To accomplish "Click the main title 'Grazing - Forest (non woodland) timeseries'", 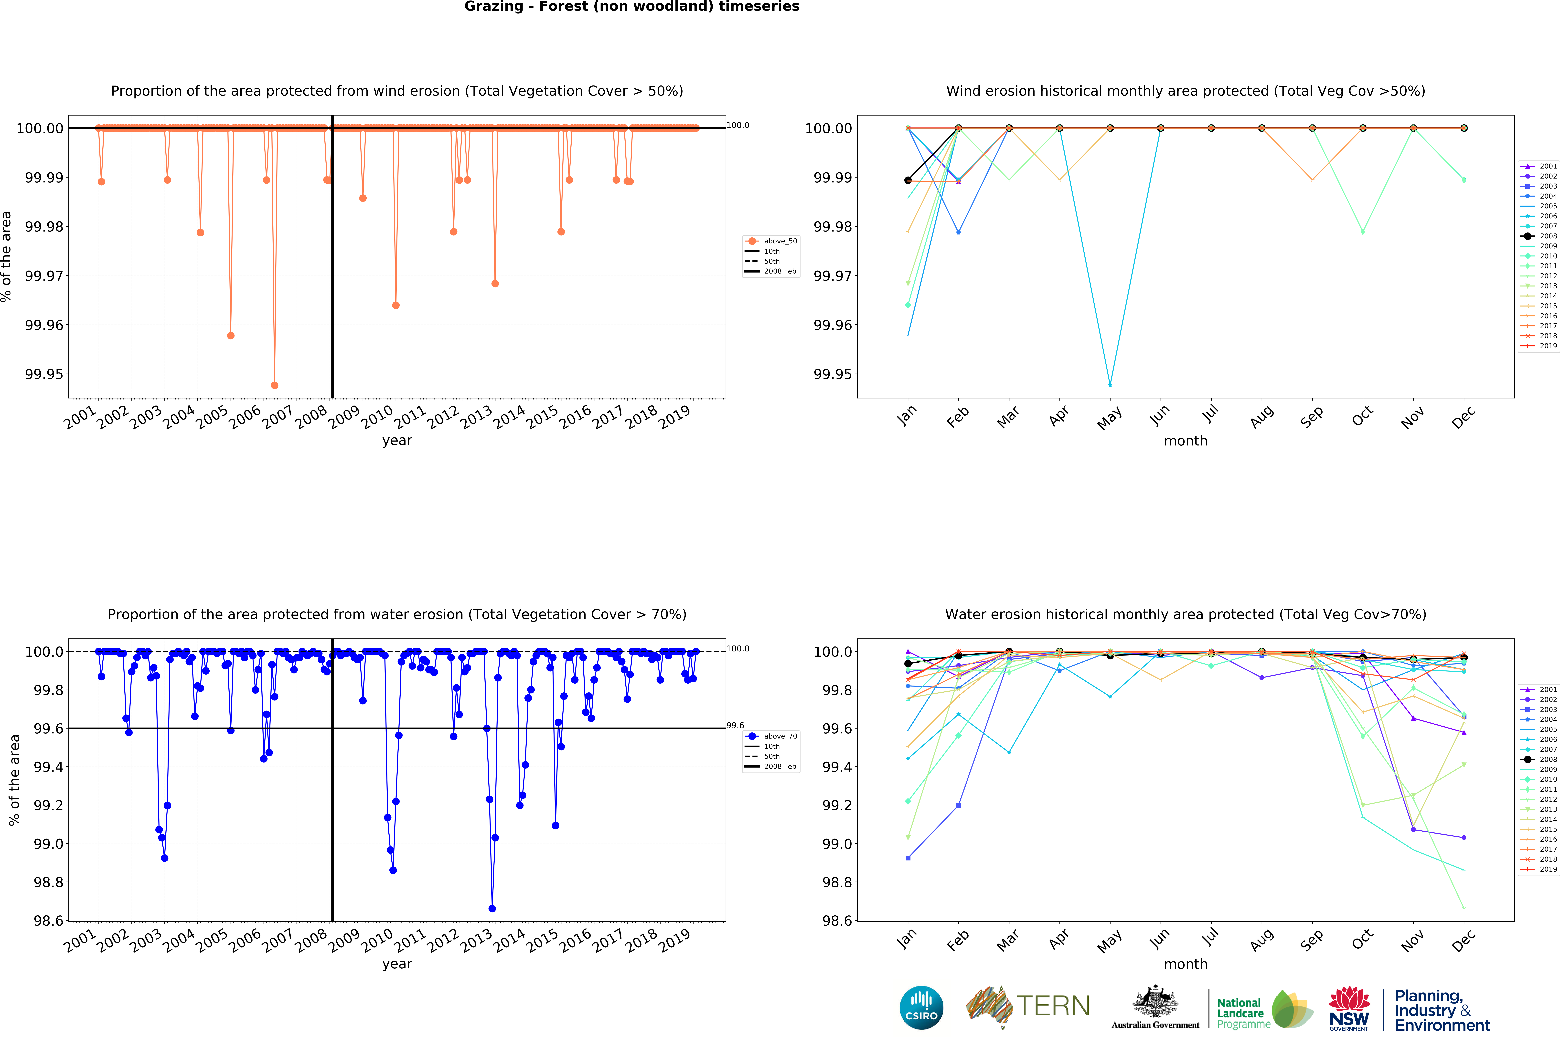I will coord(632,7).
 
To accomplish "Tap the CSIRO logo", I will coord(921,1007).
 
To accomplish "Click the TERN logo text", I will coord(1053,1006).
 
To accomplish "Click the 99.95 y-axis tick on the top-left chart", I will coord(44,374).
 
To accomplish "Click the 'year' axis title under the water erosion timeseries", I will coord(397,964).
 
